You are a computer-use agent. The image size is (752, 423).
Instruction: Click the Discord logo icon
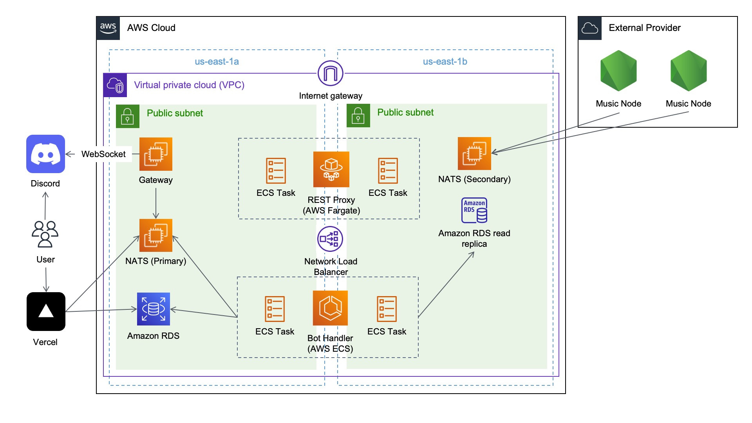45,154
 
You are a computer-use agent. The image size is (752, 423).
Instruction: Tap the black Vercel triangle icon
46,311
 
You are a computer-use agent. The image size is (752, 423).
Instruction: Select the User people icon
45,234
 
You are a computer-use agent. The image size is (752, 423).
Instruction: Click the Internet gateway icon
331,73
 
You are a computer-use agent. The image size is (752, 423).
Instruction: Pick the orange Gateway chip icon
155,154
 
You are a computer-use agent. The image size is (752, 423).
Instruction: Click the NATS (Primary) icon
155,235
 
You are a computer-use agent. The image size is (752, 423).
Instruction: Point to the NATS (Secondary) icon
474,154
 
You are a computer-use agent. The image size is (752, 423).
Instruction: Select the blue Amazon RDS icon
153,309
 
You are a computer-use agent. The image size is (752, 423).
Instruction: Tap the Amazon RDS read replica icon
474,210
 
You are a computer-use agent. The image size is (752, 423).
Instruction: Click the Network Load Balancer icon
330,239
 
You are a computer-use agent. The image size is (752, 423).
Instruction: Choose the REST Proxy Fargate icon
331,169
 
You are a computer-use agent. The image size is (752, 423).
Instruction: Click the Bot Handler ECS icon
330,308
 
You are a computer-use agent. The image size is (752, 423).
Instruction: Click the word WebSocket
103,154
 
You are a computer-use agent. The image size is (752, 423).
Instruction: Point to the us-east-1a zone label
217,61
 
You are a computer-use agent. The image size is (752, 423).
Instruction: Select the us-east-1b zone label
445,61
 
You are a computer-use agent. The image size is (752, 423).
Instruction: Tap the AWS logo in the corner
108,28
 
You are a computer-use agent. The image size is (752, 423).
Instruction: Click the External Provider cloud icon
590,28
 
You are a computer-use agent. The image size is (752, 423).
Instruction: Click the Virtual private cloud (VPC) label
189,85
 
